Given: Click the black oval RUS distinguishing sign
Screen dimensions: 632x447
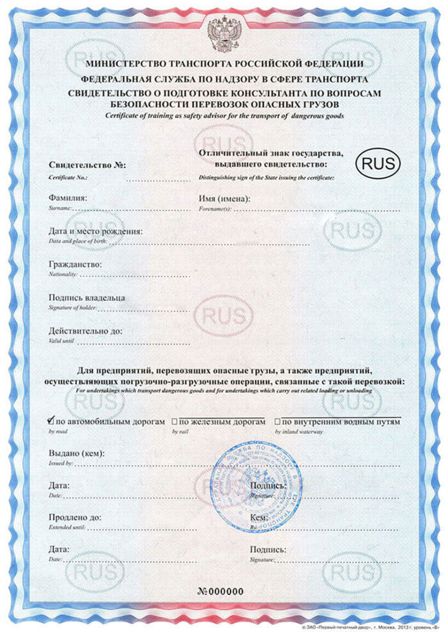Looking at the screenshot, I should coord(378,163).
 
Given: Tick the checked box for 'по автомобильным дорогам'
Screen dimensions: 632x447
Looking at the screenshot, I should coord(51,421).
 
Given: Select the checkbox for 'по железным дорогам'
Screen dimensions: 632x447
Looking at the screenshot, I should coord(174,422).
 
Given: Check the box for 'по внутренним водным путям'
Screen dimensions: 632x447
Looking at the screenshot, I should coord(277,422).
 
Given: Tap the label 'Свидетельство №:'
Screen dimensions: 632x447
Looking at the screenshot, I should coord(87,165).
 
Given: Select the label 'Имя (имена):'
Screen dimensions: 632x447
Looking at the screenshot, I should coord(224,199).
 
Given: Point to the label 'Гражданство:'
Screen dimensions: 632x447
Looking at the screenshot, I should coord(75,264).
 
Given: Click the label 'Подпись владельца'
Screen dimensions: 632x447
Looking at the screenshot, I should coord(87,298).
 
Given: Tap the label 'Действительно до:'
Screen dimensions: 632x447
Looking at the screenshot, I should coord(86,331).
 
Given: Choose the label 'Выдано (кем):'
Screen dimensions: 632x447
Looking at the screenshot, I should coord(77,453).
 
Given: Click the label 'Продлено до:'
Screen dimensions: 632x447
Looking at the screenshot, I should coord(75,517).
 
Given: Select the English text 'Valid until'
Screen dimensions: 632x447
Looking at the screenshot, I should coord(61,341).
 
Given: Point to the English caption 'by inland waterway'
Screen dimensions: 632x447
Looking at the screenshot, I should coord(299,432).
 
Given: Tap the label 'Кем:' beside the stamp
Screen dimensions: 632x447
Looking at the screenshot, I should coord(259,518).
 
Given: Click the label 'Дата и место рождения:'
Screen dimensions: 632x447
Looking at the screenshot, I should coord(96,231).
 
